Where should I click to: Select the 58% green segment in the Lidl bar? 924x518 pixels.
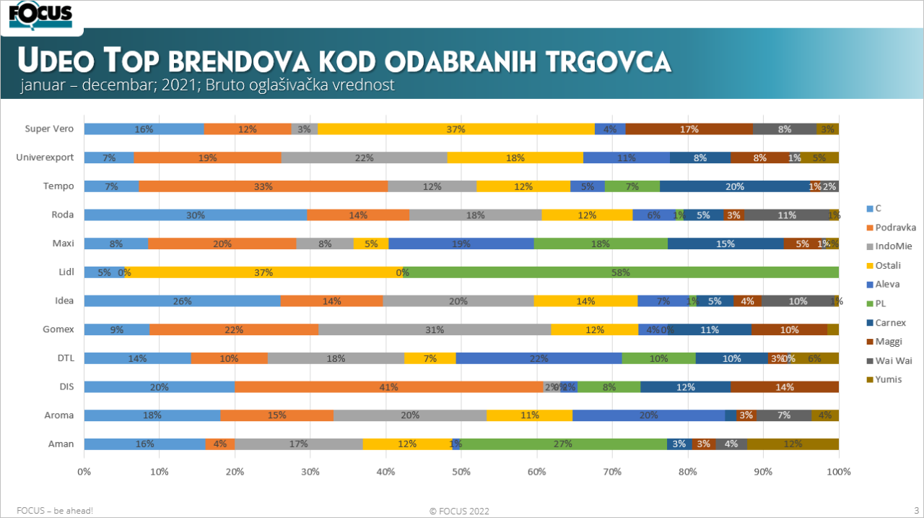pos(621,272)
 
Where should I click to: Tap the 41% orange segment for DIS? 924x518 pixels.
pos(388,387)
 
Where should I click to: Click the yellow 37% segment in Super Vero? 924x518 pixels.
pos(456,129)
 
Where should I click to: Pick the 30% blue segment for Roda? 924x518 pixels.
pos(196,215)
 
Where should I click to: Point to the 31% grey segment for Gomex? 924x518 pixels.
pos(435,329)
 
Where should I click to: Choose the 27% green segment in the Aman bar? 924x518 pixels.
pos(564,444)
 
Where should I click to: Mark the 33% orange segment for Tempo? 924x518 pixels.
pos(263,186)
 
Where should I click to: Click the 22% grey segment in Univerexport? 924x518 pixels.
pos(364,157)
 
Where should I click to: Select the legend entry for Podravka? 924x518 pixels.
pos(895,228)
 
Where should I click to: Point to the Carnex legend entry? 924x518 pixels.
pos(890,323)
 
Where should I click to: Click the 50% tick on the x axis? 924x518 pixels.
pos(461,472)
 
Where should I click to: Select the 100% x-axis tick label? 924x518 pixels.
pos(838,472)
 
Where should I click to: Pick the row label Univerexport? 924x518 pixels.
pos(45,157)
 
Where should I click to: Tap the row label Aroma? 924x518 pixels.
pos(59,415)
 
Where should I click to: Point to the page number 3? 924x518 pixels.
pos(916,510)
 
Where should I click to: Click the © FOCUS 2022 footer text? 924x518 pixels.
pos(459,511)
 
